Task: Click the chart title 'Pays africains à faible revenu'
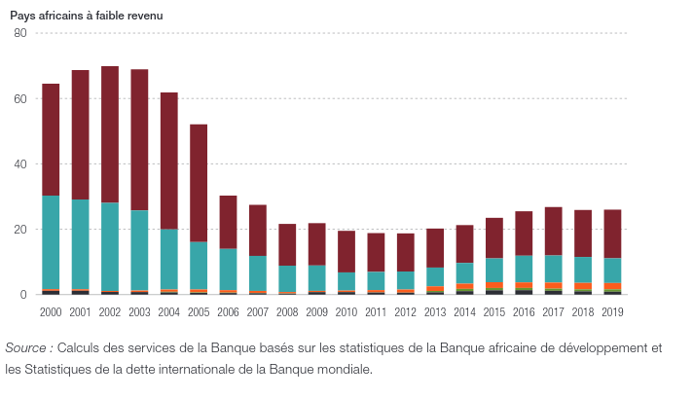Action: [87, 17]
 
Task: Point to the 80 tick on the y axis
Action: [19, 34]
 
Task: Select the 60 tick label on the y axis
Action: [19, 99]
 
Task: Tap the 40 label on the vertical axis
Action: [19, 164]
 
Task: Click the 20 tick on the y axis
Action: [19, 230]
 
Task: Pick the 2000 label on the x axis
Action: [51, 311]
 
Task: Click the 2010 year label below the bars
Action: [346, 311]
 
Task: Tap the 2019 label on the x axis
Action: [612, 311]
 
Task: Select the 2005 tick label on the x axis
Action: [199, 311]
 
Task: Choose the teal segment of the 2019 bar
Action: [612, 271]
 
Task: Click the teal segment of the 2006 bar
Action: [228, 269]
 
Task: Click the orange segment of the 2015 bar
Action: [493, 285]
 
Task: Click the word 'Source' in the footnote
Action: [27, 348]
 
